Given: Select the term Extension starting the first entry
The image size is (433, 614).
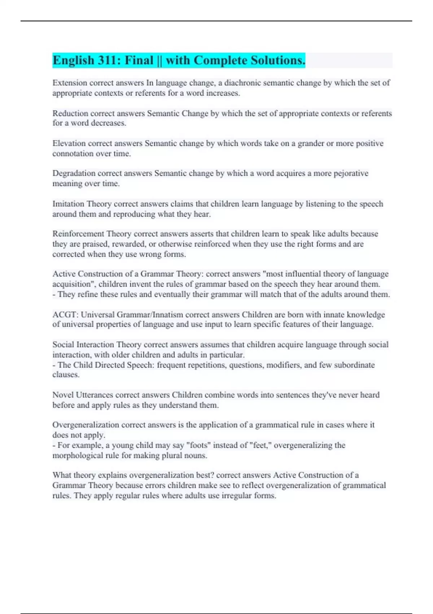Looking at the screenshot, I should [x=70, y=83].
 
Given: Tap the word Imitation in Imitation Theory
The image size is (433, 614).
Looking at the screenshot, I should [x=68, y=204].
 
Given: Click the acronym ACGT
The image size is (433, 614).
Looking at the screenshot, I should [x=65, y=315].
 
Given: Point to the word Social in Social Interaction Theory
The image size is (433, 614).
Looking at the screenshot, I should [x=63, y=345].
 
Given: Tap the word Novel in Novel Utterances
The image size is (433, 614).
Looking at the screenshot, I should [x=63, y=395].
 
